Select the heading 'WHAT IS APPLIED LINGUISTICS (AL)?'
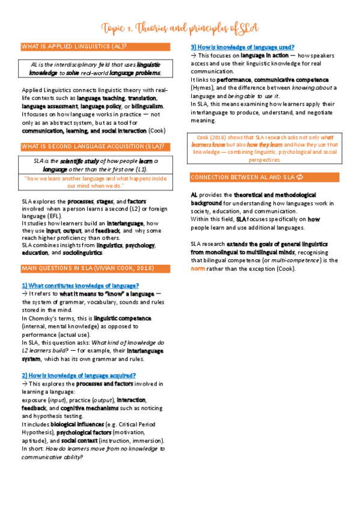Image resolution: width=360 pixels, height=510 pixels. [73, 46]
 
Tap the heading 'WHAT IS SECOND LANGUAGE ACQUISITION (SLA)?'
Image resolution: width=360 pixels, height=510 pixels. [93, 146]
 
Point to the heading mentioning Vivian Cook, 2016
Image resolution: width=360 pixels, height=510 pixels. [88, 267]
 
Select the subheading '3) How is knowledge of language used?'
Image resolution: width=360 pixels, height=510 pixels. [242, 47]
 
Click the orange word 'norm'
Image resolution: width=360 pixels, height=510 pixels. [198, 269]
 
